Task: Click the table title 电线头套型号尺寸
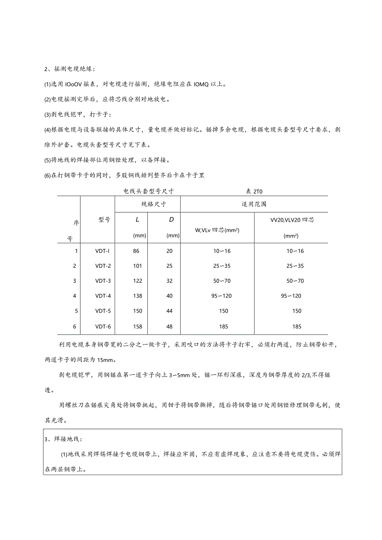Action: pos(148,192)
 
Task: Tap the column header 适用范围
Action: pos(254,204)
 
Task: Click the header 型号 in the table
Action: pos(104,220)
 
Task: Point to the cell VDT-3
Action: pos(103,281)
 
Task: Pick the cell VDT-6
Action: pos(103,327)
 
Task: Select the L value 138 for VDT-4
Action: pos(137,296)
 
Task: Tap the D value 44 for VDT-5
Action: pos(169,311)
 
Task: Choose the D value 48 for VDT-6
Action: pos(169,327)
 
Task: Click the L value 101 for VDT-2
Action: pos(137,266)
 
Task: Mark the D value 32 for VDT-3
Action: pos(169,281)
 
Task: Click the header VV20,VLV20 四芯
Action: pos(292,220)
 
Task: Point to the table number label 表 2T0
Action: pos(255,192)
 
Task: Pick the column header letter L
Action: pos(137,219)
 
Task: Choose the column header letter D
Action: pos(171,219)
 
